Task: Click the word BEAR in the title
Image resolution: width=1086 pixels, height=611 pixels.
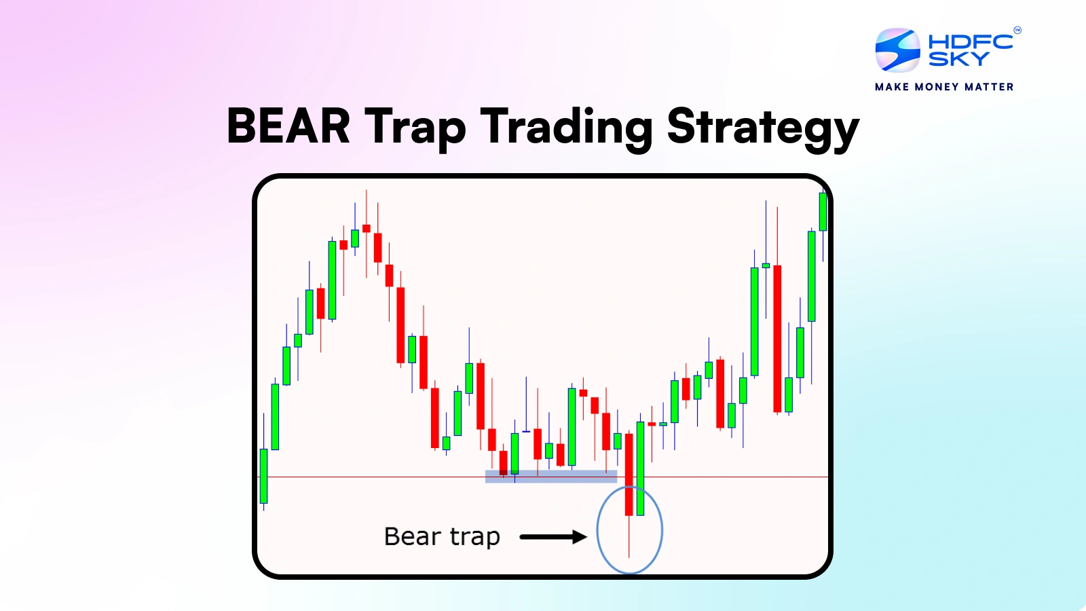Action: (x=288, y=127)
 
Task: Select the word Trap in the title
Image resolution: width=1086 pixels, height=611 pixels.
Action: (x=415, y=127)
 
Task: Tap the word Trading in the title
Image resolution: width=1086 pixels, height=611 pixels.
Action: (x=567, y=127)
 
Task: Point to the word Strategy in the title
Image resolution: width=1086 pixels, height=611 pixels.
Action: (x=763, y=127)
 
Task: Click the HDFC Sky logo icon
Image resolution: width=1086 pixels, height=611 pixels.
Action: (x=897, y=50)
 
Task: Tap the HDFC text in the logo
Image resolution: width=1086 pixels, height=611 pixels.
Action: (x=970, y=42)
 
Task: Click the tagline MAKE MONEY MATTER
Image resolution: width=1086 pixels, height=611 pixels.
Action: (x=944, y=87)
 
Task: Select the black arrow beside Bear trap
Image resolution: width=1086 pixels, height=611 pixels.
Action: (x=553, y=537)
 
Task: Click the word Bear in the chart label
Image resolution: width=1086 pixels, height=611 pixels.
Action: (x=412, y=536)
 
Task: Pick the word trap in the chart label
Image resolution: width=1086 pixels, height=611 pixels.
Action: (x=474, y=537)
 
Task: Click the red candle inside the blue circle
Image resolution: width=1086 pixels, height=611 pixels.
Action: (x=629, y=475)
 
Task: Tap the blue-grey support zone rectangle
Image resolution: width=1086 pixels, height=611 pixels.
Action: (x=550, y=477)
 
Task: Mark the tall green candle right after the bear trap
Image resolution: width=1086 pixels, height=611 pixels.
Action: (x=640, y=468)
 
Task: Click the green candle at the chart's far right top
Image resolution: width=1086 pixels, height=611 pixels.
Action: (x=823, y=212)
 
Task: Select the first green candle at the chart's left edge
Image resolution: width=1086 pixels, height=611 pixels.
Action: (x=264, y=475)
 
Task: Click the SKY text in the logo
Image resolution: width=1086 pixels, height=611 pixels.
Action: (x=958, y=60)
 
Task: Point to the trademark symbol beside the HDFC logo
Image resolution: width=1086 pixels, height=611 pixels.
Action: (x=1017, y=30)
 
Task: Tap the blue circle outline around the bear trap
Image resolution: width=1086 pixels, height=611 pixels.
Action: (x=662, y=530)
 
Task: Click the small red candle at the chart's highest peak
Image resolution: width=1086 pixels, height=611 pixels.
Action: (x=367, y=228)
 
